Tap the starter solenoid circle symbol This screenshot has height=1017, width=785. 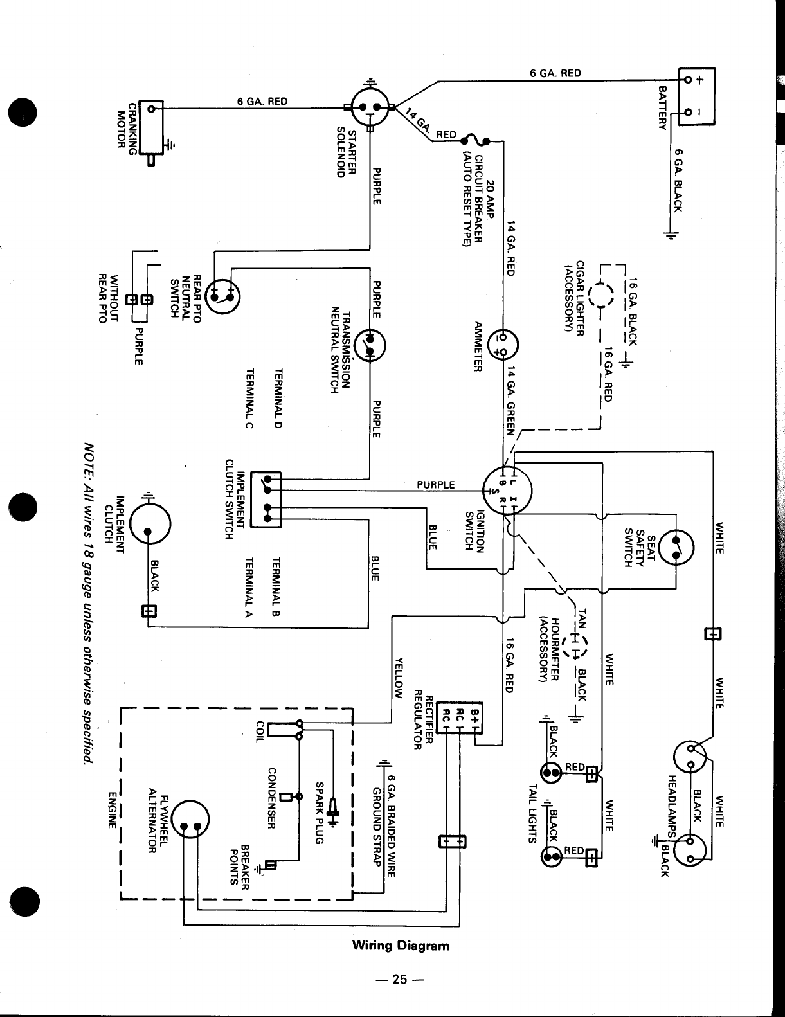[371, 107]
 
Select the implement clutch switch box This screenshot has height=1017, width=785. [266, 500]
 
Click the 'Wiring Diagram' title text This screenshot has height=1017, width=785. [401, 946]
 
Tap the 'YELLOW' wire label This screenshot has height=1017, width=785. [399, 678]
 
